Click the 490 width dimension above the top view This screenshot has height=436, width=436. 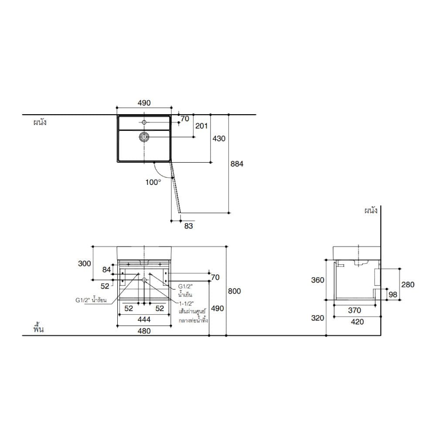(x=144, y=103)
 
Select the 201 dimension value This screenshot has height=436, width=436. (x=201, y=126)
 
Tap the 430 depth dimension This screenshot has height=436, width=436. (x=219, y=139)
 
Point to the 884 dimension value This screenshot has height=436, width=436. (x=237, y=164)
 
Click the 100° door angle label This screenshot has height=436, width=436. (x=153, y=182)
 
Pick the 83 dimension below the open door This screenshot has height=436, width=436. (x=188, y=226)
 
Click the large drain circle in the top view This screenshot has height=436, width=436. (x=144, y=136)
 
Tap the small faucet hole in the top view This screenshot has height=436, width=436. (x=144, y=122)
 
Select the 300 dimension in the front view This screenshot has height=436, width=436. (x=85, y=263)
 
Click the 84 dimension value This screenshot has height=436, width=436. (x=106, y=269)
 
